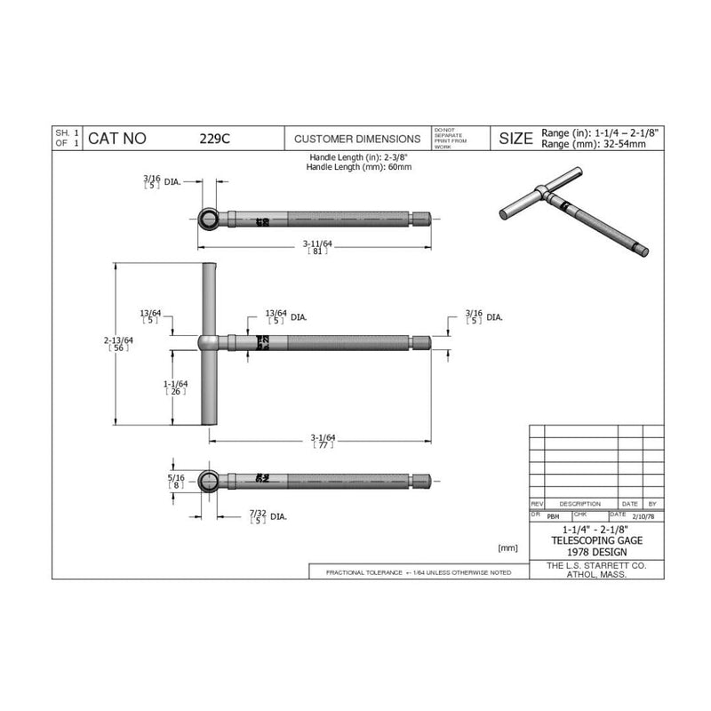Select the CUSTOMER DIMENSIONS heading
coord(357,139)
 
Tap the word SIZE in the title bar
coord(515,139)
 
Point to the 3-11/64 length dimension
coord(318,243)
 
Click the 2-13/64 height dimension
coord(117,344)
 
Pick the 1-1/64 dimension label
coord(173,386)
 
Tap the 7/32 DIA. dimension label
coord(267,515)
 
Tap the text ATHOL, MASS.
coord(595,574)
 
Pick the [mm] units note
coord(507,547)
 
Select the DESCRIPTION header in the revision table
coord(579,504)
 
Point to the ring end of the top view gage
coord(207,218)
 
